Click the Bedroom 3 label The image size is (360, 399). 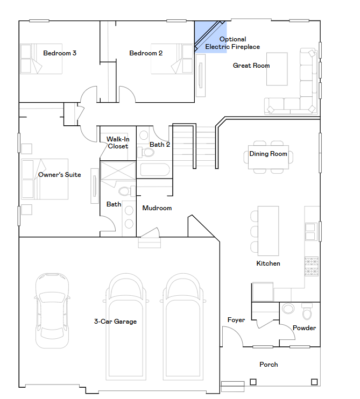coord(60,53)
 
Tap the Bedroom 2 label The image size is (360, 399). coord(146,53)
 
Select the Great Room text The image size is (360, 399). coord(251,66)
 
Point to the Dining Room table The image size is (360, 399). coord(269,157)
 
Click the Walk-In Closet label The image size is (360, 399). coord(118,142)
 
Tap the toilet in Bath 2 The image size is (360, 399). coord(146,152)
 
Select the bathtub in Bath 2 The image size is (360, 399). coord(155,170)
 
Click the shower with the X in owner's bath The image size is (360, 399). coord(118,170)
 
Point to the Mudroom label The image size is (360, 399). coord(157,208)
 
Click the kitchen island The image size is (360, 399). coord(269,231)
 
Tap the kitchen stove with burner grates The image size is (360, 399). coord(312,266)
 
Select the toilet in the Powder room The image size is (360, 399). coord(307,311)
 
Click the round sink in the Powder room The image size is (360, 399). coord(288,309)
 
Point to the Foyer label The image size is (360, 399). coord(236,320)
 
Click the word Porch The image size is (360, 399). coord(269,365)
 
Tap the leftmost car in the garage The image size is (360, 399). coord(52,311)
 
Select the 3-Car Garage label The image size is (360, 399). coord(115,322)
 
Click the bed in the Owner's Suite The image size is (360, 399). coord(45,179)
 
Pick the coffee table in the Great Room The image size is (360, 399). coord(277,69)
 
